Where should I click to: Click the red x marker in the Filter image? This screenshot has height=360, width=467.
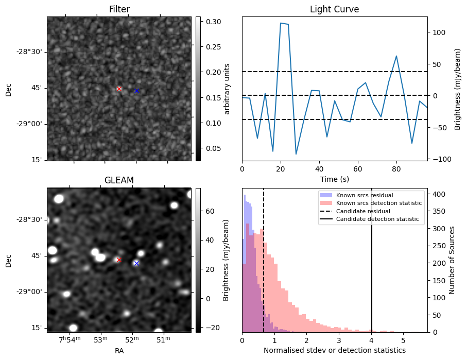[119, 89]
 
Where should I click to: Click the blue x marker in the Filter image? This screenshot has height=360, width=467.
[136, 91]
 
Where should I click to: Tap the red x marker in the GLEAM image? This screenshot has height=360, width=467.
[119, 260]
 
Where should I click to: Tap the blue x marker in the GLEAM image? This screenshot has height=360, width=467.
[136, 263]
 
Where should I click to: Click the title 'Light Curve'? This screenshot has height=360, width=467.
[334, 9]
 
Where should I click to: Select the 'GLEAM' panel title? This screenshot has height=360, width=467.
[119, 180]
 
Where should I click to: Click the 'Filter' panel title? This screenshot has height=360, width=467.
[119, 9]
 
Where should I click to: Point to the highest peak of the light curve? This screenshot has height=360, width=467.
[281, 23]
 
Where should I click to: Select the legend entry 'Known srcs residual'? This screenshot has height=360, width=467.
[365, 195]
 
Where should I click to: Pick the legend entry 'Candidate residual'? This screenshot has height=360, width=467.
[363, 212]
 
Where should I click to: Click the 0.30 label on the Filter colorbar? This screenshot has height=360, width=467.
[213, 22]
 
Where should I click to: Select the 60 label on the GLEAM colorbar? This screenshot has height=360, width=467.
[210, 211]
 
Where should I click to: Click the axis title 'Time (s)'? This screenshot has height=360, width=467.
[334, 178]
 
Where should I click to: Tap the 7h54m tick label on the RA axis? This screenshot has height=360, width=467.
[70, 339]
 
